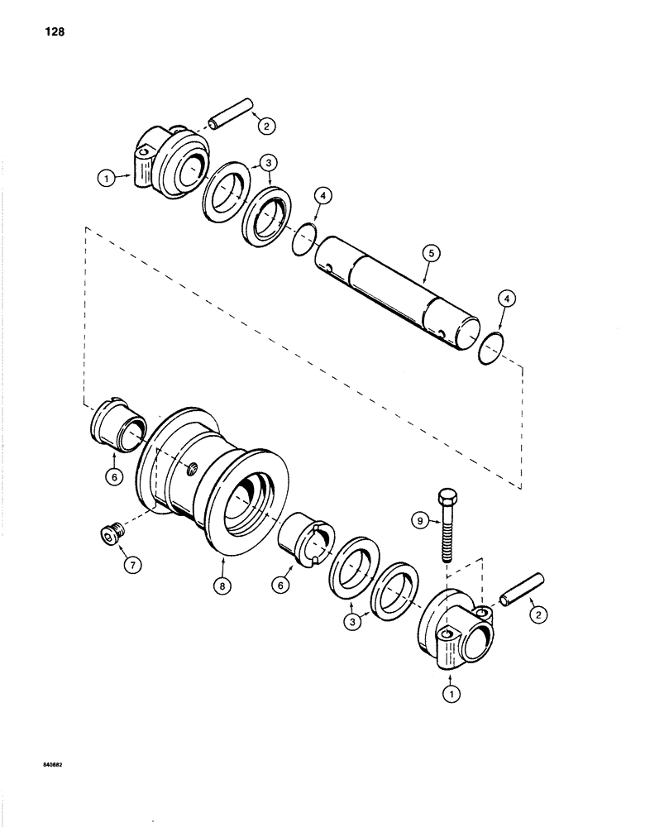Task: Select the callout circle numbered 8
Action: point(222,585)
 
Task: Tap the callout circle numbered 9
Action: point(420,520)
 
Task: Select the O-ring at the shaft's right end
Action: point(494,347)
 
